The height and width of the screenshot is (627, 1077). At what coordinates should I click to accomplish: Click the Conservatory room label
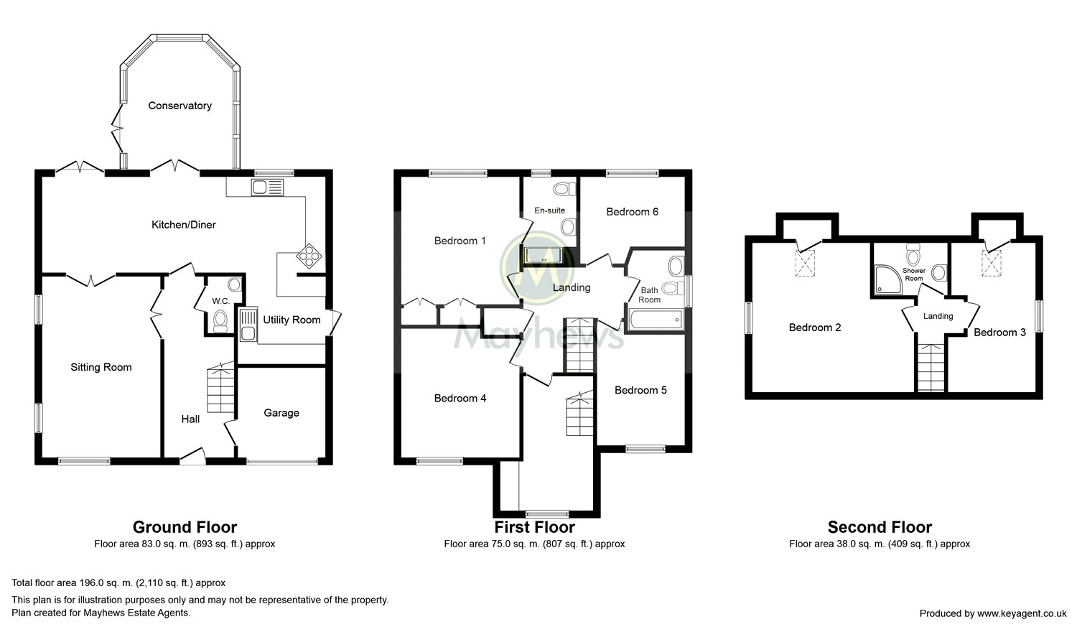click(x=179, y=106)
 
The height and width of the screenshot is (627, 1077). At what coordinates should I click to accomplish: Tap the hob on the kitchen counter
click(x=309, y=256)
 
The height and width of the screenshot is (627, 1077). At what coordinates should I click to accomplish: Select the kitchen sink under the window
click(x=267, y=187)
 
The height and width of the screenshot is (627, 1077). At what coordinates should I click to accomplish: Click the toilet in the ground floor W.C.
click(x=220, y=321)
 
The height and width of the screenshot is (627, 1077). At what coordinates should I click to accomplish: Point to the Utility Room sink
click(x=248, y=325)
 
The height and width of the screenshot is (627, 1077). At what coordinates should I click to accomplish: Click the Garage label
click(x=281, y=413)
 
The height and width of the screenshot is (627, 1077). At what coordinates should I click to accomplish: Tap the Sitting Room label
click(x=101, y=368)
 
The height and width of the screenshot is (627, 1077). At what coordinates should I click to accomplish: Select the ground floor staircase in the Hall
click(x=220, y=388)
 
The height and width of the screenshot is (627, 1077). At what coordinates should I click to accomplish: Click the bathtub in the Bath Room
click(x=656, y=320)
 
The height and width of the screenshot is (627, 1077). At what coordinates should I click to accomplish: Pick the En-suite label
click(x=549, y=210)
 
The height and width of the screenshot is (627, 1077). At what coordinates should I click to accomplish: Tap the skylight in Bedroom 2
click(x=805, y=264)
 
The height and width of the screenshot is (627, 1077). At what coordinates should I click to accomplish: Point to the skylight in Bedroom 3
click(x=991, y=264)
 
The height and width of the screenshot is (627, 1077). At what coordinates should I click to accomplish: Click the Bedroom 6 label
click(x=633, y=212)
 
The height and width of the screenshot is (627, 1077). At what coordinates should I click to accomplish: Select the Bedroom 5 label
click(x=640, y=391)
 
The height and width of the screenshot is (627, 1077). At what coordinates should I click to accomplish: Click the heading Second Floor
click(x=880, y=527)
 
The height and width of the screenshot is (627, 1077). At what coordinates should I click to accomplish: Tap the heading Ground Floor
click(x=185, y=527)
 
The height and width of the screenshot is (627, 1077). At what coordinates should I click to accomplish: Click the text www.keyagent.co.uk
click(x=1022, y=613)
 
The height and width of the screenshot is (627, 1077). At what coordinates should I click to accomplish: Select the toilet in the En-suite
click(x=564, y=189)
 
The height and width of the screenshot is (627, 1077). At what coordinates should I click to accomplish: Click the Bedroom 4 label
click(x=460, y=399)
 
